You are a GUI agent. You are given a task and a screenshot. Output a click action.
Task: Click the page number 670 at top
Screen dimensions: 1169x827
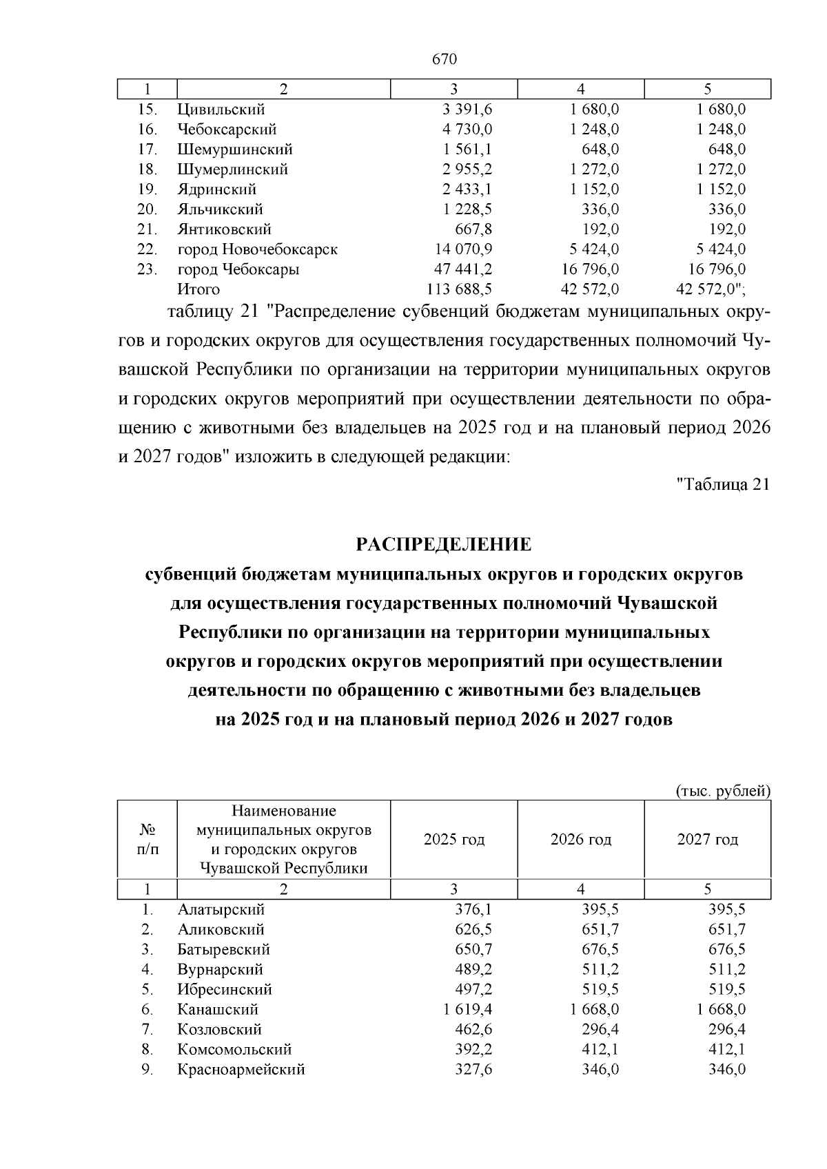(444, 59)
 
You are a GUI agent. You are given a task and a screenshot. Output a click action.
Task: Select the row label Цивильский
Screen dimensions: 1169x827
(221, 110)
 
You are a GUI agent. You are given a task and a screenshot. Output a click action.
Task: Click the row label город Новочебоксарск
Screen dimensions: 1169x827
(257, 249)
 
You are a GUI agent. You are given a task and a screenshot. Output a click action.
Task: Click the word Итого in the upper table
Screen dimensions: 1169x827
(198, 289)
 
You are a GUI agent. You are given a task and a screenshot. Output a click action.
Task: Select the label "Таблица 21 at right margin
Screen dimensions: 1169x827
(722, 484)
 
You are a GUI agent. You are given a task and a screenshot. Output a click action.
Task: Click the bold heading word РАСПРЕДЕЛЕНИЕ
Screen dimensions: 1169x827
(444, 545)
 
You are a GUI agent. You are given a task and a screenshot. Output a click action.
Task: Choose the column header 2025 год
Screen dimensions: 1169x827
(453, 839)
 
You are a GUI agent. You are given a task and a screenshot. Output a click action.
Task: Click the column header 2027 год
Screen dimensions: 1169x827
(707, 839)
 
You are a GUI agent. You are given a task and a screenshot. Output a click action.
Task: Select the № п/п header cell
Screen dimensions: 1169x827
(147, 839)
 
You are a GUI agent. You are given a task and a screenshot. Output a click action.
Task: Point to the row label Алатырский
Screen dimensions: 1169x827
(221, 909)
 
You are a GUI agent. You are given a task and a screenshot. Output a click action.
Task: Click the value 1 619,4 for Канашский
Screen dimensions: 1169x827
(467, 1009)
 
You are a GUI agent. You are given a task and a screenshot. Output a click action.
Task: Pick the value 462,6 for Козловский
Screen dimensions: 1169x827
(473, 1029)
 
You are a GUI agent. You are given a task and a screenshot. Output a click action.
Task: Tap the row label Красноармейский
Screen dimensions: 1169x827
(241, 1069)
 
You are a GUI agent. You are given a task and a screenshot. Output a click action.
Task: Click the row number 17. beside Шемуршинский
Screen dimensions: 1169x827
(147, 149)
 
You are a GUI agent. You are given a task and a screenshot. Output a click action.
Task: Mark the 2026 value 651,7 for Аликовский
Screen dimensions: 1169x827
(600, 929)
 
